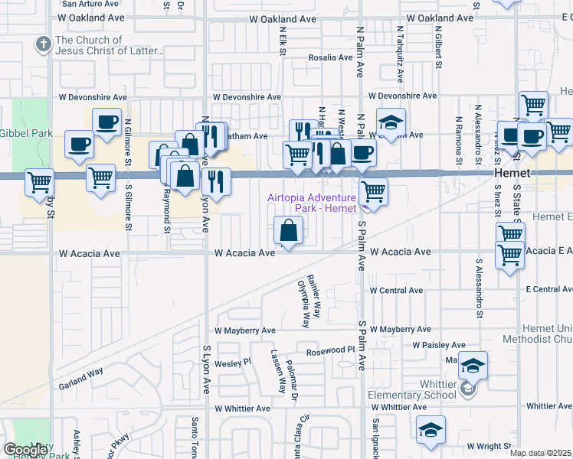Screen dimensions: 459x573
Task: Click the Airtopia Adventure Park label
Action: click(311, 203)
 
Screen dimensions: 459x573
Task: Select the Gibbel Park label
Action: click(25, 133)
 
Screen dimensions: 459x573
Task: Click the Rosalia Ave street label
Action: click(329, 57)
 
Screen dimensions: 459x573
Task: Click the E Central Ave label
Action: click(548, 289)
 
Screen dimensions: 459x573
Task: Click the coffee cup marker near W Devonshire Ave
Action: click(106, 122)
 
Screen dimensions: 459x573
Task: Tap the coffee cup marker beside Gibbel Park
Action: click(79, 145)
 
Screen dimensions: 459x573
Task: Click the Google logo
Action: click(25, 450)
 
